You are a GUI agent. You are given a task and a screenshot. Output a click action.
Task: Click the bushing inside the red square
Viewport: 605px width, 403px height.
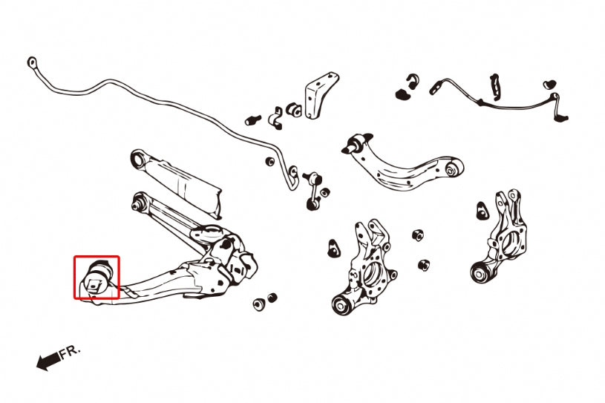[97, 277]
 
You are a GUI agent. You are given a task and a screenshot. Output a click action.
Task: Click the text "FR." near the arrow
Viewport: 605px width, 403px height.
[70, 351]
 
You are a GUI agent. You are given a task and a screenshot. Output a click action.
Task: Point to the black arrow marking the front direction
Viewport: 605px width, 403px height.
[47, 361]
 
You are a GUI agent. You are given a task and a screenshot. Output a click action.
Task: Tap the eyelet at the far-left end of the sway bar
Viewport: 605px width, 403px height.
[31, 62]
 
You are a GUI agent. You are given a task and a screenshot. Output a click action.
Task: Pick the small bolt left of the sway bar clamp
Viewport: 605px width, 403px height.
[252, 118]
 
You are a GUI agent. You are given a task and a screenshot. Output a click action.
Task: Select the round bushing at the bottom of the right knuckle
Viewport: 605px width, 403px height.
[480, 271]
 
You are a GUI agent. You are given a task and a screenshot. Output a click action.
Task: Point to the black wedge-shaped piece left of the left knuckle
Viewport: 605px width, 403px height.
[333, 247]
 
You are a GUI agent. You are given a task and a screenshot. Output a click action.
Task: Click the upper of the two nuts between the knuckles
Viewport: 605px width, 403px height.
[418, 235]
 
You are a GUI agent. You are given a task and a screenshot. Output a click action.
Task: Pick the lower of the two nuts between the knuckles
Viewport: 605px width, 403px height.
[423, 264]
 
